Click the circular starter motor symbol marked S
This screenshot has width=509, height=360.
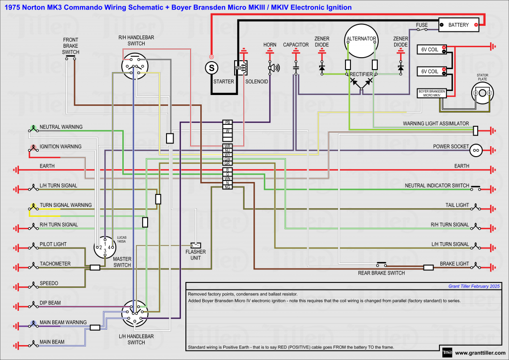pos(212,67)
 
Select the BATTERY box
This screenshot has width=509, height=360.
pos(458,24)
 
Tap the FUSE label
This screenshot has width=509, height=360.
pos(423,24)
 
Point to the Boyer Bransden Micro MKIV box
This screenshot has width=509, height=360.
pos(431,93)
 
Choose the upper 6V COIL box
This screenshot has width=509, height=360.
pos(431,49)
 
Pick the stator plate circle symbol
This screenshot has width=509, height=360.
pos(483,93)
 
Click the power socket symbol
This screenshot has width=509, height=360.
pos(476,149)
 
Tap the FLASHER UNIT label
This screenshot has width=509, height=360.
pos(195,255)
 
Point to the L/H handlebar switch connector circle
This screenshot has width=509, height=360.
pos(135,313)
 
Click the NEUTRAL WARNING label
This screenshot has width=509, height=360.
pos(61,127)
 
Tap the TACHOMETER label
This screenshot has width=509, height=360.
pos(55,264)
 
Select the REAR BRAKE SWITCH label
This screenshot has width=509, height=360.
pos(381,273)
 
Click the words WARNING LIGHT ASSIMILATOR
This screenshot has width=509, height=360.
pos(436,124)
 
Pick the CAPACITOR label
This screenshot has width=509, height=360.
pos(296,45)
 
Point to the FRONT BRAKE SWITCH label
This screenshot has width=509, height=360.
pos(71,46)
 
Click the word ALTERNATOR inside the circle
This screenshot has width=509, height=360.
pos(361,39)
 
